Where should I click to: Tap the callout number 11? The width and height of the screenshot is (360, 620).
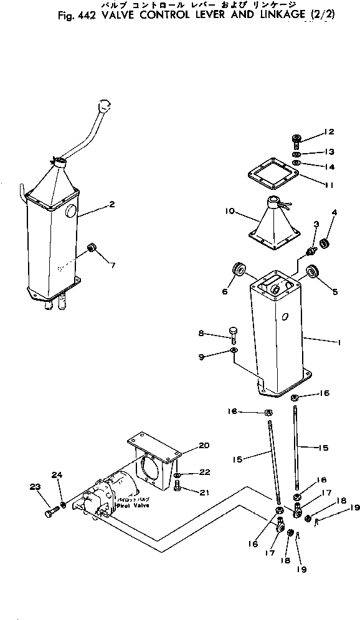tap(329, 185)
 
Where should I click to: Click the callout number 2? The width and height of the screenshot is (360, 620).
tap(111, 204)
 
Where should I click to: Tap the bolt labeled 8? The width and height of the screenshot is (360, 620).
tap(234, 334)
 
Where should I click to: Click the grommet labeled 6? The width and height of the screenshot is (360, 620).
tap(239, 270)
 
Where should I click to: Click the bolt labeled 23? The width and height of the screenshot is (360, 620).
tap(50, 514)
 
